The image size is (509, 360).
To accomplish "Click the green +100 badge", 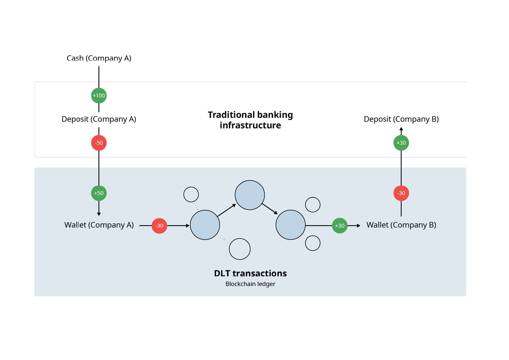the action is [99, 95].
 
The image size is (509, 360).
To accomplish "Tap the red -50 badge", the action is [99, 143].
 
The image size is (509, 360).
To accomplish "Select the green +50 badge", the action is [99, 193].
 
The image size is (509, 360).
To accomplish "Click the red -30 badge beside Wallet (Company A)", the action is [159, 225].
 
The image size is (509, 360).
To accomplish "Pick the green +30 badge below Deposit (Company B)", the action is [401, 143].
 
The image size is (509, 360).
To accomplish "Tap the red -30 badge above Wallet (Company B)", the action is [401, 193].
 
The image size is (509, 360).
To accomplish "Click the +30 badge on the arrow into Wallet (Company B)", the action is [340, 225].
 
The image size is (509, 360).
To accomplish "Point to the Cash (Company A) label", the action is [99, 58].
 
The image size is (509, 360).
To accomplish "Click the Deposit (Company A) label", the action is [99, 119].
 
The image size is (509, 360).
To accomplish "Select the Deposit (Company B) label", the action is [401, 119].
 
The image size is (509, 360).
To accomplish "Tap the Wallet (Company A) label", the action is [99, 225].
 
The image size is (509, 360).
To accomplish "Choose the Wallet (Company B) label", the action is [401, 225].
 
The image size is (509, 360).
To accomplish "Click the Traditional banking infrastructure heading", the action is [250, 120].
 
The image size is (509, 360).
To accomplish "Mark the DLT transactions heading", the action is [250, 273].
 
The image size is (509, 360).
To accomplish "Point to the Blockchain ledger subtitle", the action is [250, 284].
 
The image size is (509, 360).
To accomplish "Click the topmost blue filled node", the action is [250, 195].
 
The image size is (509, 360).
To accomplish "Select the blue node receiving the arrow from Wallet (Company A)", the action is [205, 225].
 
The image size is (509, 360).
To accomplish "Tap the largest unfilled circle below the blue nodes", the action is [240, 249].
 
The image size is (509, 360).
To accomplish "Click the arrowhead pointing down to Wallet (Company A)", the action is [99, 214].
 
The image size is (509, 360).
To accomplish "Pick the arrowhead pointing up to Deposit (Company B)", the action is [401, 129].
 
